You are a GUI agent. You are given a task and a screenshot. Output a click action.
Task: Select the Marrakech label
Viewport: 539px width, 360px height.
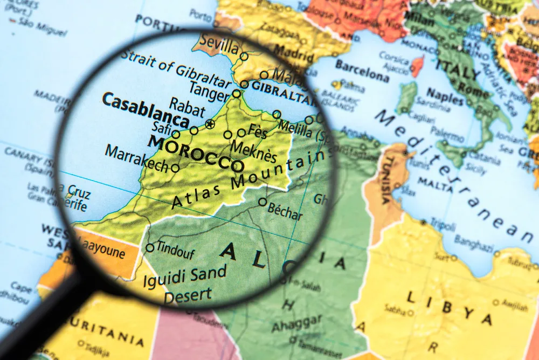137,158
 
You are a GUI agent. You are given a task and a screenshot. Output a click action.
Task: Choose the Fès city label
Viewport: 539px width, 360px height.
258,131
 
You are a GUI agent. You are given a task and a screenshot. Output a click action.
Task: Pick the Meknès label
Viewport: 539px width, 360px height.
253,151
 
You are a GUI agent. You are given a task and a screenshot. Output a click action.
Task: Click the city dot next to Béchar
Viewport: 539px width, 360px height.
262,202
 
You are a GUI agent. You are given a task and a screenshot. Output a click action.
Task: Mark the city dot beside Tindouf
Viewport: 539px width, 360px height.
150,248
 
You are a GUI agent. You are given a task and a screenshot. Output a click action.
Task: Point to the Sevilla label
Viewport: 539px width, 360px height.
218,44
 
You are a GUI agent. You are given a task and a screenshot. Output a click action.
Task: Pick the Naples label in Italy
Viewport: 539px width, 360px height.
445,98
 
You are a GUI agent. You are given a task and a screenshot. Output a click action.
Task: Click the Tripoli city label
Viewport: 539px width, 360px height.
443,225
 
